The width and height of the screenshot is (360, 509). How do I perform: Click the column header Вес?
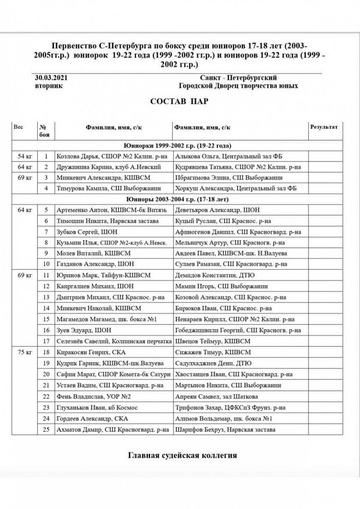pos(19,127)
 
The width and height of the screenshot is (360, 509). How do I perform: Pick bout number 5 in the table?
pos(46,210)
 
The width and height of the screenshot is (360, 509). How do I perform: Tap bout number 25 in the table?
pos(46,430)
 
